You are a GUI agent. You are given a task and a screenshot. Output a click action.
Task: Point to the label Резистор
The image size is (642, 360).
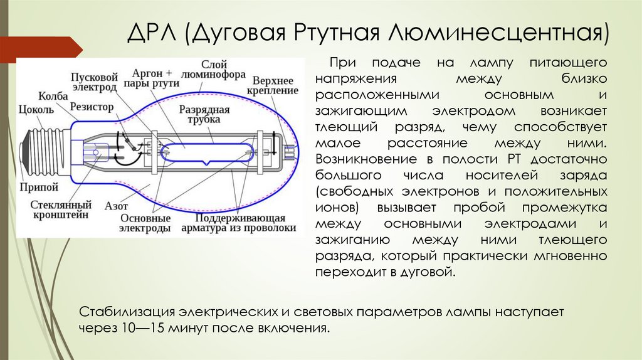point(92,107)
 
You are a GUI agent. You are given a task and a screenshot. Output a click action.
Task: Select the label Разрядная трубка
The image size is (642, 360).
point(204,115)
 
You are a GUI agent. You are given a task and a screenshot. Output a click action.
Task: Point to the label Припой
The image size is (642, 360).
point(39,187)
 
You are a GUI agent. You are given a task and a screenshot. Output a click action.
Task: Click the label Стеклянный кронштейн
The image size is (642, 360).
point(61,209)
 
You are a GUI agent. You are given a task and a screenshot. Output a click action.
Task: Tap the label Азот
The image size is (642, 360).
point(117,205)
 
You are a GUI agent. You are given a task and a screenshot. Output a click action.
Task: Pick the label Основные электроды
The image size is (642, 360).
point(145,223)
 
